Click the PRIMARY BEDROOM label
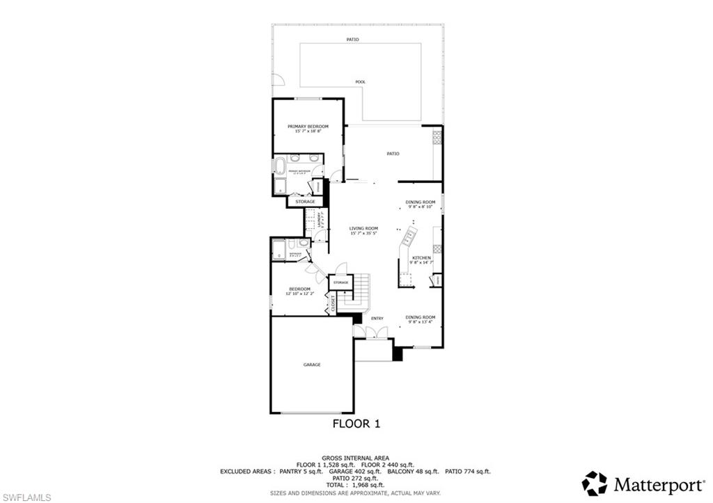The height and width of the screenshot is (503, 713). [308, 127]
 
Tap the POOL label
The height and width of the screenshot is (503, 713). [360, 82]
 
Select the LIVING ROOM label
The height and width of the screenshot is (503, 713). [363, 229]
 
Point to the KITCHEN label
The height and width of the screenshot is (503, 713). [421, 258]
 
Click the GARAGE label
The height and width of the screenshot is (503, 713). [311, 365]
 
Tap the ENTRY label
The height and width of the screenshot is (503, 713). [377, 319]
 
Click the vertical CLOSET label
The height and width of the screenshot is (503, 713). [333, 303]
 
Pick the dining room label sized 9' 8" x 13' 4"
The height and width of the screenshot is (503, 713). [421, 317]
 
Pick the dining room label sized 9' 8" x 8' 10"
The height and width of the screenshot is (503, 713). [420, 202]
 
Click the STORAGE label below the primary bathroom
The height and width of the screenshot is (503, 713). [305, 202]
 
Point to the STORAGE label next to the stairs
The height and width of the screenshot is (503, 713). [340, 282]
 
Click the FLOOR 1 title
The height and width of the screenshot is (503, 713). [356, 423]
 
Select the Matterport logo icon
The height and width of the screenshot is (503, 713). [594, 483]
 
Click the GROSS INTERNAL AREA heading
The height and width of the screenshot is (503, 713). [356, 458]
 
